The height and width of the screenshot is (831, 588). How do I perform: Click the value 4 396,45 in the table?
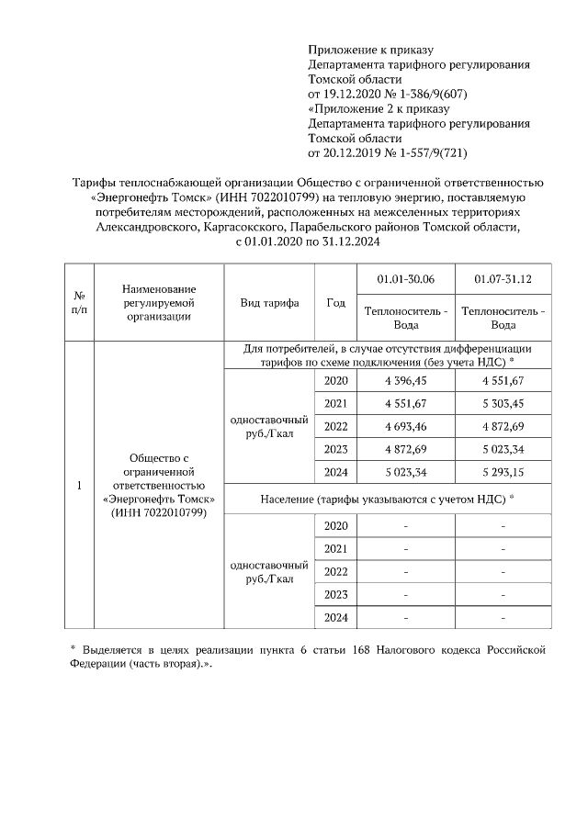406,381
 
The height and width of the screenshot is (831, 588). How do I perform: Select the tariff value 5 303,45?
503,403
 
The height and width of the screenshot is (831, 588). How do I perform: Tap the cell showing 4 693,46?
406,427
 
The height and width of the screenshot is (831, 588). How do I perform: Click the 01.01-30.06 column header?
406,279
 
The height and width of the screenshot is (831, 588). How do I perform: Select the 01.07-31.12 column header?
503,279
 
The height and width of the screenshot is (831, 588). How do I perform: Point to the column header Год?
335,302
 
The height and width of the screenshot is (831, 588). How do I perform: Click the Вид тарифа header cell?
269,302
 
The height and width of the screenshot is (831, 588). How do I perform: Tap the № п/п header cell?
79,302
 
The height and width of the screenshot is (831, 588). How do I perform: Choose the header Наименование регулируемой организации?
160,302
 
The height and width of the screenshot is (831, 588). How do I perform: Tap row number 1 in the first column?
79,485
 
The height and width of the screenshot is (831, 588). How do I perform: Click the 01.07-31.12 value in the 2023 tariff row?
503,450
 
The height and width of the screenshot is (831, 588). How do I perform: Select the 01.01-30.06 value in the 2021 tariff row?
406,403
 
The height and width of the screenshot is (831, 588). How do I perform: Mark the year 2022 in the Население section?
336,571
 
